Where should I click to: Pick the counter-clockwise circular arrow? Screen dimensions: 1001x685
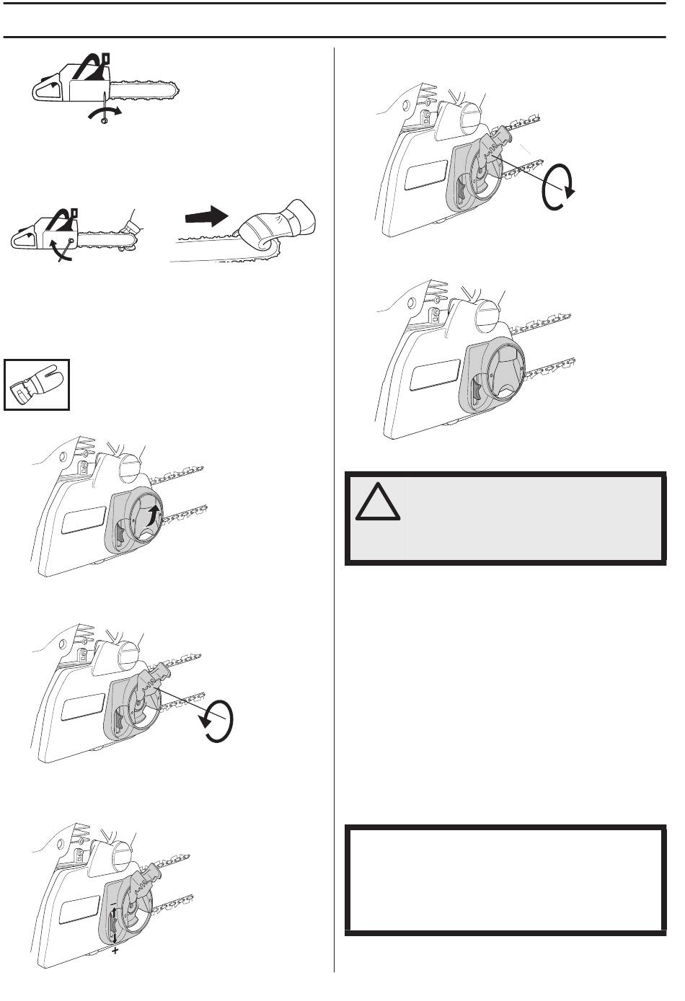tap(216, 721)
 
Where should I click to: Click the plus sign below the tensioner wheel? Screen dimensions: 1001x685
tap(115, 951)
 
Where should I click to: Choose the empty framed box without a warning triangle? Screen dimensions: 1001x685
tap(505, 880)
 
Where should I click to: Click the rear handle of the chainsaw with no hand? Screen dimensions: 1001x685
tap(46, 91)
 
